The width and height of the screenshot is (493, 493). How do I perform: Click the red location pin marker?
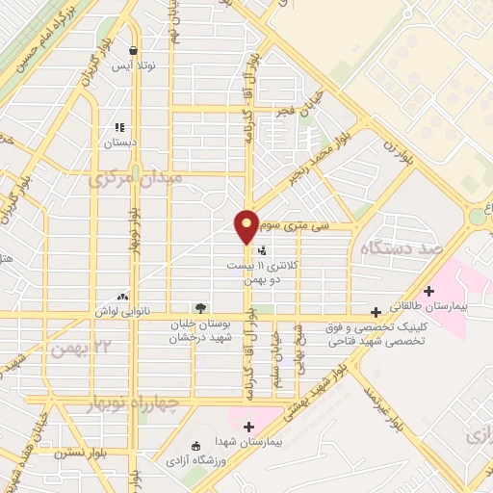[247, 226]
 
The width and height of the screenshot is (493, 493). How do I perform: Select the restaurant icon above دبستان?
[119, 127]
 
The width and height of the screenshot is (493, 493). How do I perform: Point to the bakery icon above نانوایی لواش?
[122, 297]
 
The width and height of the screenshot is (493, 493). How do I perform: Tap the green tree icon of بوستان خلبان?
[200, 308]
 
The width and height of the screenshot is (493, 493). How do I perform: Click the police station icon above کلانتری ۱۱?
[262, 250]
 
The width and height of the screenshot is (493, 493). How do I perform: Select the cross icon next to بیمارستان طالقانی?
[429, 290]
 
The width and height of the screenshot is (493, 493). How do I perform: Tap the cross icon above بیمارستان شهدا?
[249, 426]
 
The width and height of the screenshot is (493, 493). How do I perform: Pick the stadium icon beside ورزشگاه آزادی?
[195, 446]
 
